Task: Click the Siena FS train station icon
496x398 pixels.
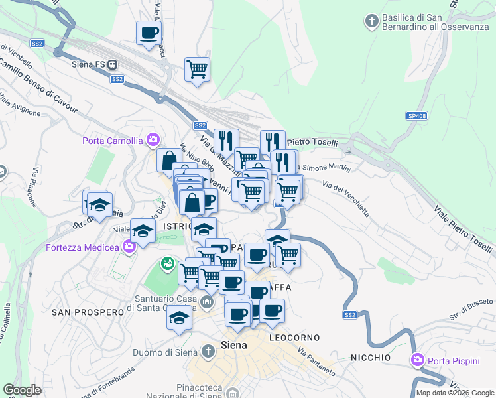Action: [113, 65]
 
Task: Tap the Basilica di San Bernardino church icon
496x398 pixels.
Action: [371, 21]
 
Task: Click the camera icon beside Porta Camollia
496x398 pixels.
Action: [153, 140]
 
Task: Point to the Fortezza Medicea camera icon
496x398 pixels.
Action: [129, 247]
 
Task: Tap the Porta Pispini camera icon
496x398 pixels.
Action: [417, 360]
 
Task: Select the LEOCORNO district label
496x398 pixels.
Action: [295, 338]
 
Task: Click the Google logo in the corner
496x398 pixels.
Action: [23, 390]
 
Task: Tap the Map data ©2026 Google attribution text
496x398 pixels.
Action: [455, 393]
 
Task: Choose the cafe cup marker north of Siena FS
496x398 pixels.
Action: [149, 33]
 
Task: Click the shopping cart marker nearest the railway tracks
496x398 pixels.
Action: [197, 68]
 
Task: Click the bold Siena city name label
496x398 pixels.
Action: [233, 346]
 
